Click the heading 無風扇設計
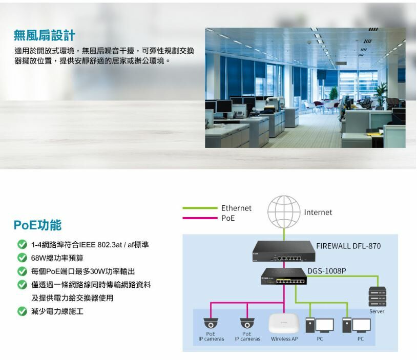(x=45, y=35)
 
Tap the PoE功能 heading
(x=37, y=225)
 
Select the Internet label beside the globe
(x=318, y=213)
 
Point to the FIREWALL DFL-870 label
(x=348, y=246)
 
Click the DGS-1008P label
(x=327, y=270)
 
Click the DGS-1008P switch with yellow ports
(x=284, y=277)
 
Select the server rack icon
(x=377, y=297)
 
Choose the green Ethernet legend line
(x=200, y=208)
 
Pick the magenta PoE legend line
(x=200, y=218)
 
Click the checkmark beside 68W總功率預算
(x=22, y=258)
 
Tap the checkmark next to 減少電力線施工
(x=22, y=311)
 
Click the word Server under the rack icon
(x=377, y=311)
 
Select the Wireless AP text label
(x=284, y=339)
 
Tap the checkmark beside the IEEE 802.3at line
(x=22, y=245)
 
